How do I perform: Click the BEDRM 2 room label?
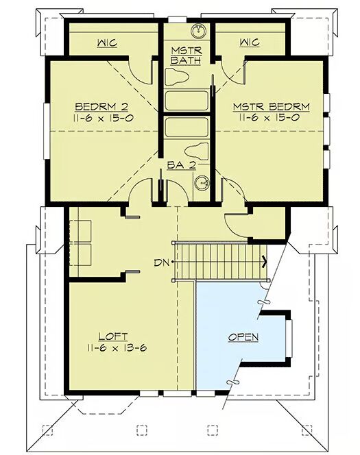pyautogui.click(x=101, y=107)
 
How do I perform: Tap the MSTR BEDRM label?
pyautogui.click(x=271, y=107)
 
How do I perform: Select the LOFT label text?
pyautogui.click(x=113, y=336)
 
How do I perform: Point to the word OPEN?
pyautogui.click(x=243, y=337)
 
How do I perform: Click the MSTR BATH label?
pyautogui.click(x=186, y=56)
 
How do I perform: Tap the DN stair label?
pyautogui.click(x=161, y=263)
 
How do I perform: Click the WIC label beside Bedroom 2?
pyautogui.click(x=107, y=43)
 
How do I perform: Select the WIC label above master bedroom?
pyautogui.click(x=250, y=42)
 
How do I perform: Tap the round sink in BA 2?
pyautogui.click(x=202, y=183)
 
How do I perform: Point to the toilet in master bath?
pyautogui.click(x=177, y=77)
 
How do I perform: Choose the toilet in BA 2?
pyautogui.click(x=197, y=151)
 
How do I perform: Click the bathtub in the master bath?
pyautogui.click(x=187, y=101)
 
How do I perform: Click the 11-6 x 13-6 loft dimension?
pyautogui.click(x=117, y=347)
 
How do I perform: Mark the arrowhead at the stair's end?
pyautogui.click(x=265, y=261)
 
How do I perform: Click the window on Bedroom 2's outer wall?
pyautogui.click(x=47, y=131)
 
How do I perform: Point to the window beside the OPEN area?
pyautogui.click(x=289, y=338)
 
